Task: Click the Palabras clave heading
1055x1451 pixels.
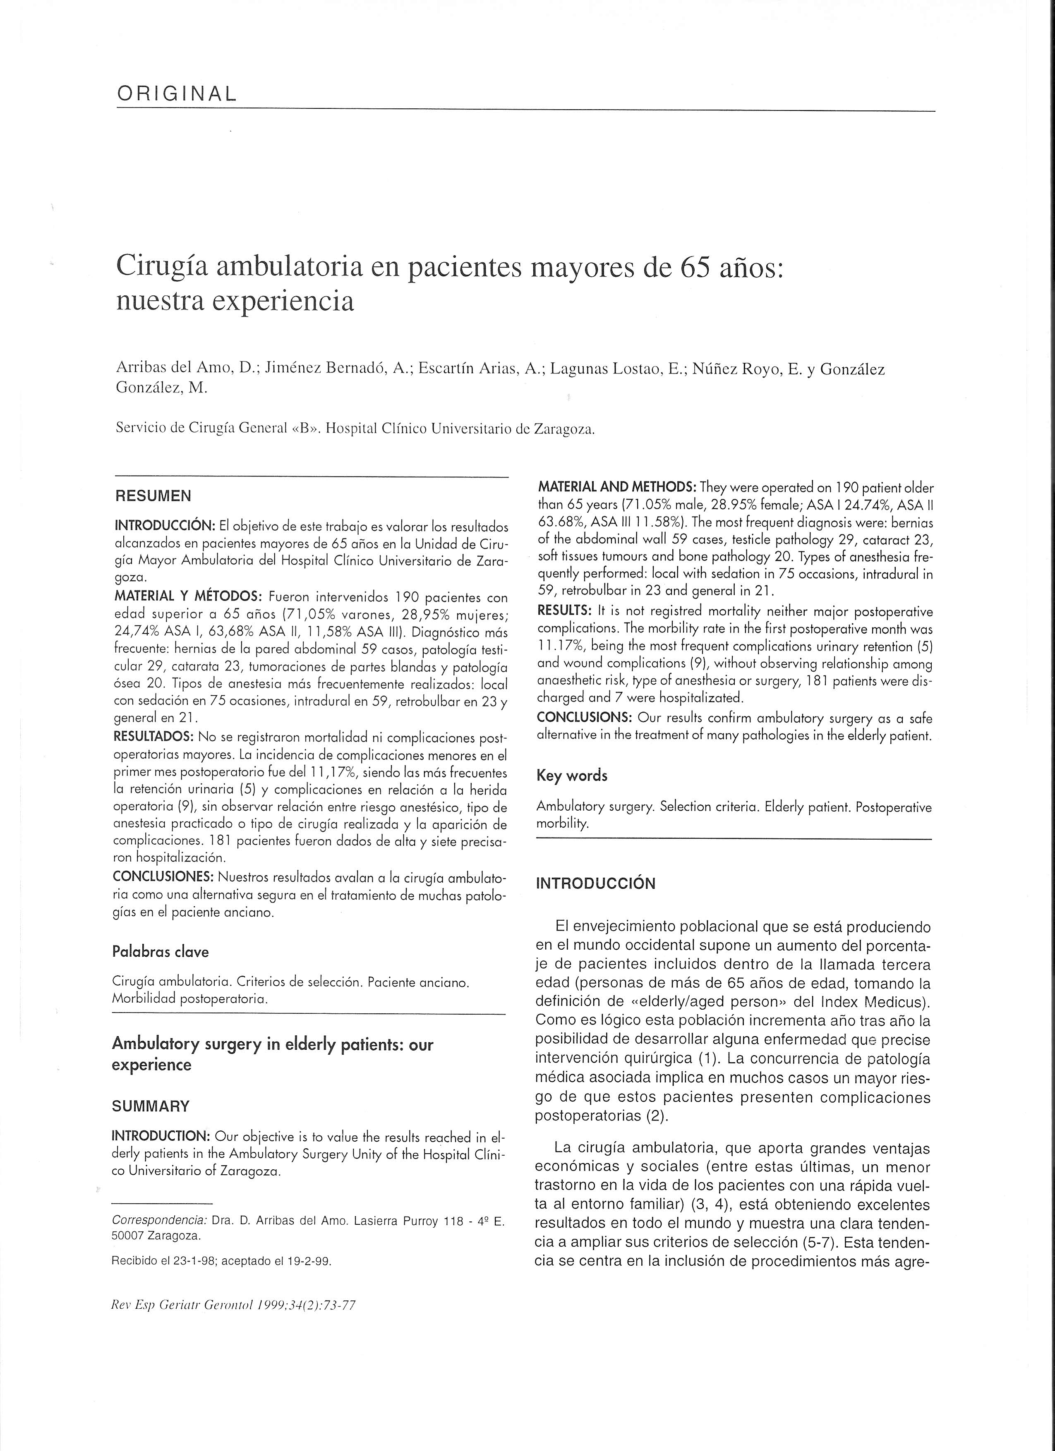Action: click(161, 951)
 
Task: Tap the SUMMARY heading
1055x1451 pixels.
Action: click(151, 1106)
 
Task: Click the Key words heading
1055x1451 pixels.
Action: click(572, 776)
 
